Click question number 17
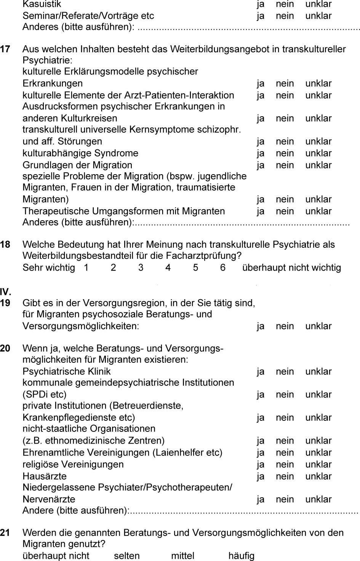5,49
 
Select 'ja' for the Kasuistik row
261,4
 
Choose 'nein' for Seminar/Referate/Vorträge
285,16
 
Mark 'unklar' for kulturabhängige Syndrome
318,153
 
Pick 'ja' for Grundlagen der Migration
261,165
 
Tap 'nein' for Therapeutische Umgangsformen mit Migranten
285,211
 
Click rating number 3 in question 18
141,268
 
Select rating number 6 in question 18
223,268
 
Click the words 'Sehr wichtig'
49,268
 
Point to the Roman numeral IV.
5,292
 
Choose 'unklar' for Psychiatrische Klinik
318,372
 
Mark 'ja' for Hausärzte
261,476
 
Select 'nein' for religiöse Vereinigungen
285,465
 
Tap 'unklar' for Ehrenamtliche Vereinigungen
318,453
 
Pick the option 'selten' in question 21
127,556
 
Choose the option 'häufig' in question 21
241,556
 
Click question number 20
5,348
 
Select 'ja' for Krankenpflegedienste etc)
261,418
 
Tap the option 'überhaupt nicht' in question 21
56,556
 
